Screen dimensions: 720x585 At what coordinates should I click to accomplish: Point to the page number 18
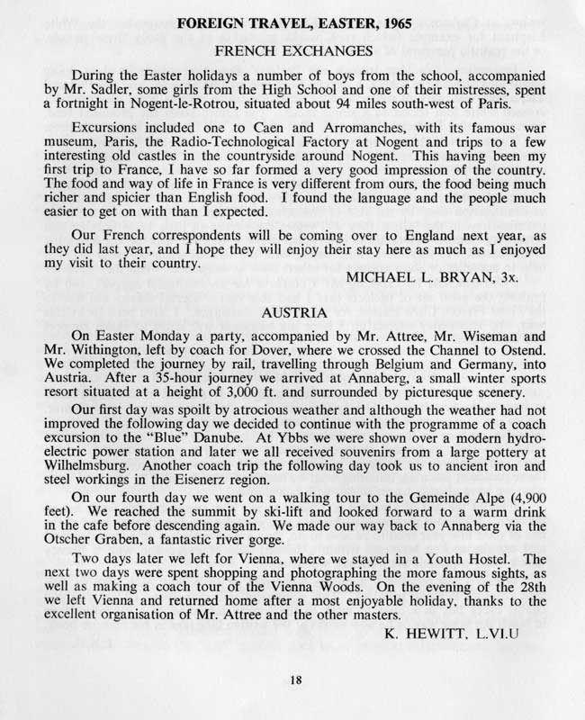[294, 681]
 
